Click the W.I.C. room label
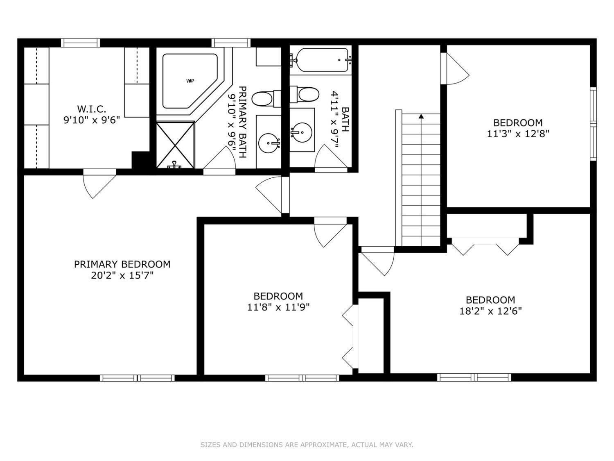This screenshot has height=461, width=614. click(91, 109)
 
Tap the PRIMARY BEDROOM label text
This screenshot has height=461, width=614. click(122, 264)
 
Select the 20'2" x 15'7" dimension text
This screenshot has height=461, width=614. click(122, 276)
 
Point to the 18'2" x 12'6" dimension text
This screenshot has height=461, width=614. click(491, 311)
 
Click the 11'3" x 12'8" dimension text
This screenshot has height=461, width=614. click(518, 134)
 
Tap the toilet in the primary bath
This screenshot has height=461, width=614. click(266, 99)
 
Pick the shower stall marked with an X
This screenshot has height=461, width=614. click(175, 145)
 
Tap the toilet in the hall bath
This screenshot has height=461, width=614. click(305, 95)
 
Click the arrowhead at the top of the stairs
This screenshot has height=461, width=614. click(421, 116)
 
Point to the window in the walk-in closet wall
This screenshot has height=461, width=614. click(81, 43)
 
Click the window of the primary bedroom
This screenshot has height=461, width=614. click(138, 378)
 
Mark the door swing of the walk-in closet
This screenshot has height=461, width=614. click(99, 184)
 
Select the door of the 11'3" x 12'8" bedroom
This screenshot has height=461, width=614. click(455, 68)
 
